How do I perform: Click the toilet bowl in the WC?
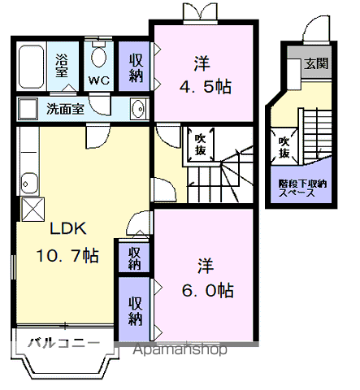[98, 56]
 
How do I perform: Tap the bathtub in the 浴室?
[31, 67]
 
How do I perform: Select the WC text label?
[99, 80]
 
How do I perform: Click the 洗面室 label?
[65, 109]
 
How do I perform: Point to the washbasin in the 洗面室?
[139, 109]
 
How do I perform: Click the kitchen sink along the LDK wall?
[29, 184]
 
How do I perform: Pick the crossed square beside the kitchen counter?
[33, 210]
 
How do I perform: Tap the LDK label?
[68, 228]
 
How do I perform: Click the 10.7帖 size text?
[67, 255]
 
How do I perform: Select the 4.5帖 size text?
[206, 87]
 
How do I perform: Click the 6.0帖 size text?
[207, 290]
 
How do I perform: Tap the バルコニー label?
[64, 344]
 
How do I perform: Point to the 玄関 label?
[316, 63]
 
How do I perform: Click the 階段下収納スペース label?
[302, 188]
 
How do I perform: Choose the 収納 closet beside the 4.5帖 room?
[135, 67]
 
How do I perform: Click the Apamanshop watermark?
[180, 349]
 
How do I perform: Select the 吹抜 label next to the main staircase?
[201, 145]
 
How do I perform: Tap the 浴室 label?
[62, 65]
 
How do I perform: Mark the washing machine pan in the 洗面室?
[28, 109]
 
